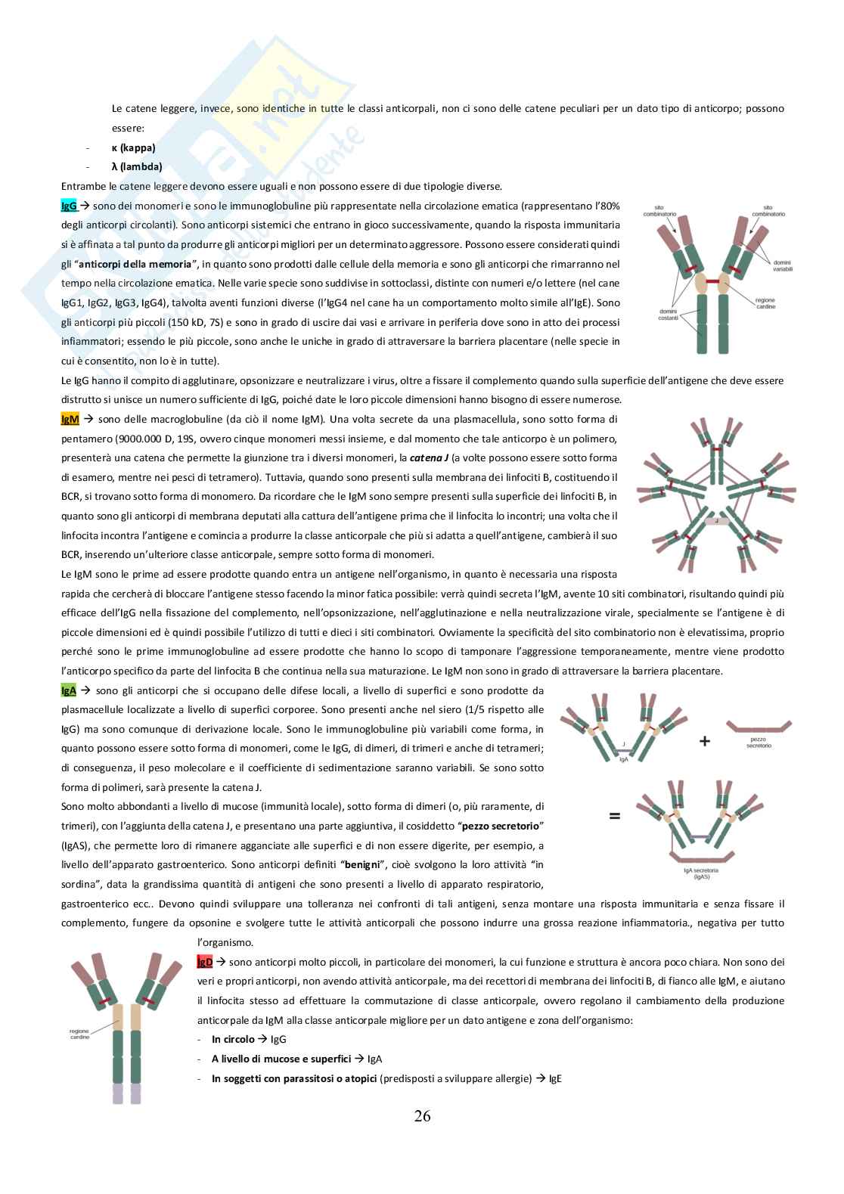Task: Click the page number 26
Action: pyautogui.click(x=422, y=1116)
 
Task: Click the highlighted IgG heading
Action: pyautogui.click(x=68, y=206)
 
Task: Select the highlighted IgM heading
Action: pyautogui.click(x=70, y=419)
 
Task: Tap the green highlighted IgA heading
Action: pyautogui.click(x=68, y=690)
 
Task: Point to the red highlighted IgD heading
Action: pyautogui.click(x=204, y=962)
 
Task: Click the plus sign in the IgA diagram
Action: pyautogui.click(x=704, y=742)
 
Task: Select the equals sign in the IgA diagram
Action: pyautogui.click(x=614, y=816)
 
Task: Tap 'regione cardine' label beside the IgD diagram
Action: pyautogui.click(x=79, y=1034)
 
